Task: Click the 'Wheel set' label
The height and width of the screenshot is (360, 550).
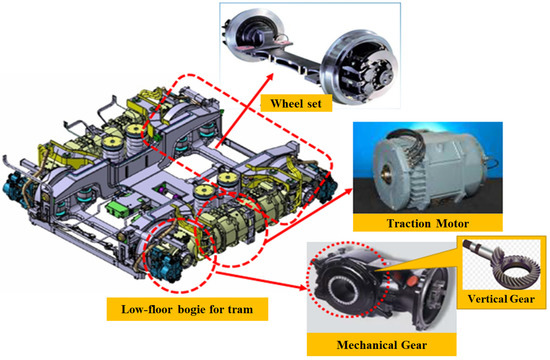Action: pos(283,103)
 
